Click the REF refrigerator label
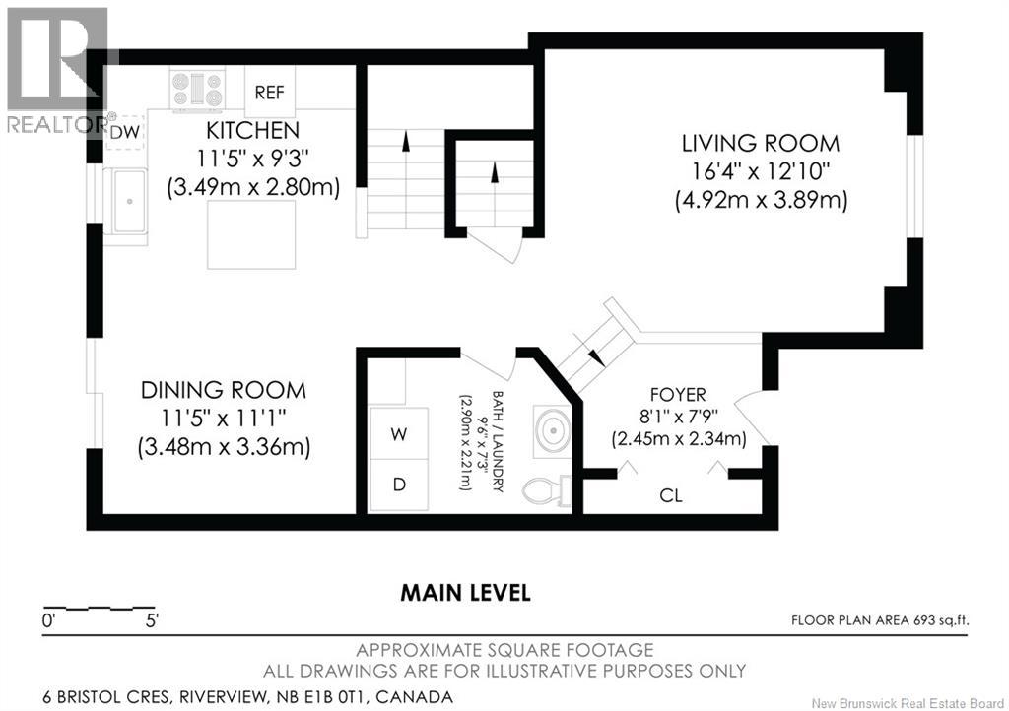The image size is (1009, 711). (269, 93)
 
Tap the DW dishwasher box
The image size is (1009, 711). (123, 132)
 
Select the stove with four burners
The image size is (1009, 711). (198, 90)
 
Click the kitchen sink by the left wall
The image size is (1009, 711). (127, 201)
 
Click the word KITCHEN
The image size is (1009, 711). (252, 130)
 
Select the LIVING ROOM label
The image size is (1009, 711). (761, 143)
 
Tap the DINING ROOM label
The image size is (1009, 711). (223, 390)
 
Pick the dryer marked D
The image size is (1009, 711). (399, 485)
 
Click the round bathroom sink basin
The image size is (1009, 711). (553, 430)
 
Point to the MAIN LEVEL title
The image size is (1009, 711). (465, 593)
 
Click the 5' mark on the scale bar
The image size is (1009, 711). (152, 621)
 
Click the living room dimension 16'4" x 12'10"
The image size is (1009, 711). (761, 171)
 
